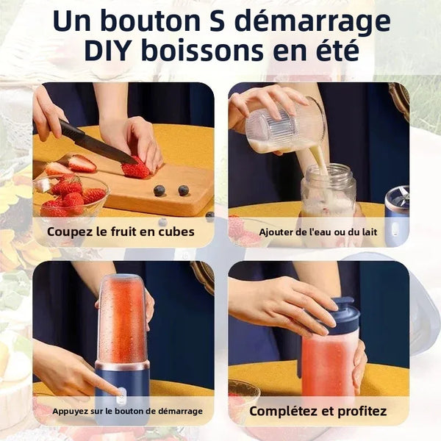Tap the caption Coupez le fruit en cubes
point(121,232)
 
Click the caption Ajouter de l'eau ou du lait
point(318,232)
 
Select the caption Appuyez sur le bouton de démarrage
point(127,411)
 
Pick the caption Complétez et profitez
point(318,411)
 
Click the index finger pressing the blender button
point(103,383)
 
